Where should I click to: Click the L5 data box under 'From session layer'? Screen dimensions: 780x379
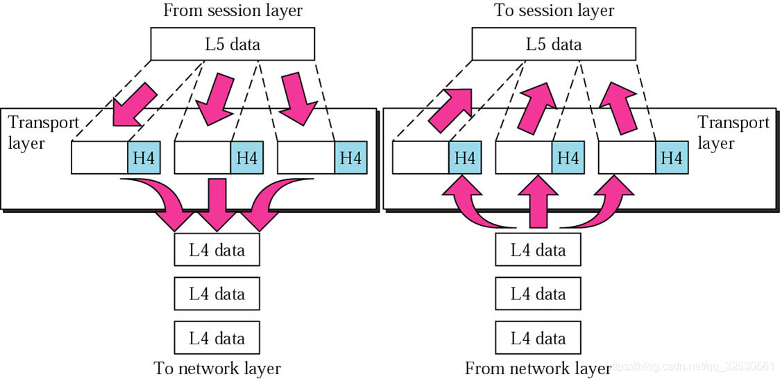[x=232, y=44]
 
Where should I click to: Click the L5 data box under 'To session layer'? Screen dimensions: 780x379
[x=554, y=44]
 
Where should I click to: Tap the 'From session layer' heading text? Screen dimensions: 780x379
[x=232, y=11]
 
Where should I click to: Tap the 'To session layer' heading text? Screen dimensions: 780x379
[x=554, y=11]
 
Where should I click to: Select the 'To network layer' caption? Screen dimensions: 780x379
[x=217, y=369]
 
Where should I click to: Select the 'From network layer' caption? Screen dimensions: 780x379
[x=538, y=369]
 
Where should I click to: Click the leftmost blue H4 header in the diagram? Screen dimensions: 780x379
[x=144, y=157]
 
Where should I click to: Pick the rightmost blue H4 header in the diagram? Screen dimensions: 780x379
[x=672, y=157]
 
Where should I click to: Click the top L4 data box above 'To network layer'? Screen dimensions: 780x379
[x=217, y=249]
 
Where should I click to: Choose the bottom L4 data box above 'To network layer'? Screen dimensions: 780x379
[x=217, y=337]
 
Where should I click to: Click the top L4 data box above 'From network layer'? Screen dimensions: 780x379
[x=539, y=249]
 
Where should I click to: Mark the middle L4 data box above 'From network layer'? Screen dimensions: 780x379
[x=539, y=294]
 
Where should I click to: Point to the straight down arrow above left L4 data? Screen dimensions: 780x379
[x=217, y=204]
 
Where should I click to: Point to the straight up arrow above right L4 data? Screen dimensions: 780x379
[x=539, y=202]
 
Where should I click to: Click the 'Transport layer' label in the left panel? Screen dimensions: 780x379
[x=44, y=132]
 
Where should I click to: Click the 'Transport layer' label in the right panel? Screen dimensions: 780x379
[x=734, y=132]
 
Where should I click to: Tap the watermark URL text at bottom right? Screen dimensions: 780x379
[x=693, y=367]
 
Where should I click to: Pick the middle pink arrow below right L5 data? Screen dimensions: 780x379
[x=536, y=108]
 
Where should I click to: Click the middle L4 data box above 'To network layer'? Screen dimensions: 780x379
[x=217, y=294]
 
